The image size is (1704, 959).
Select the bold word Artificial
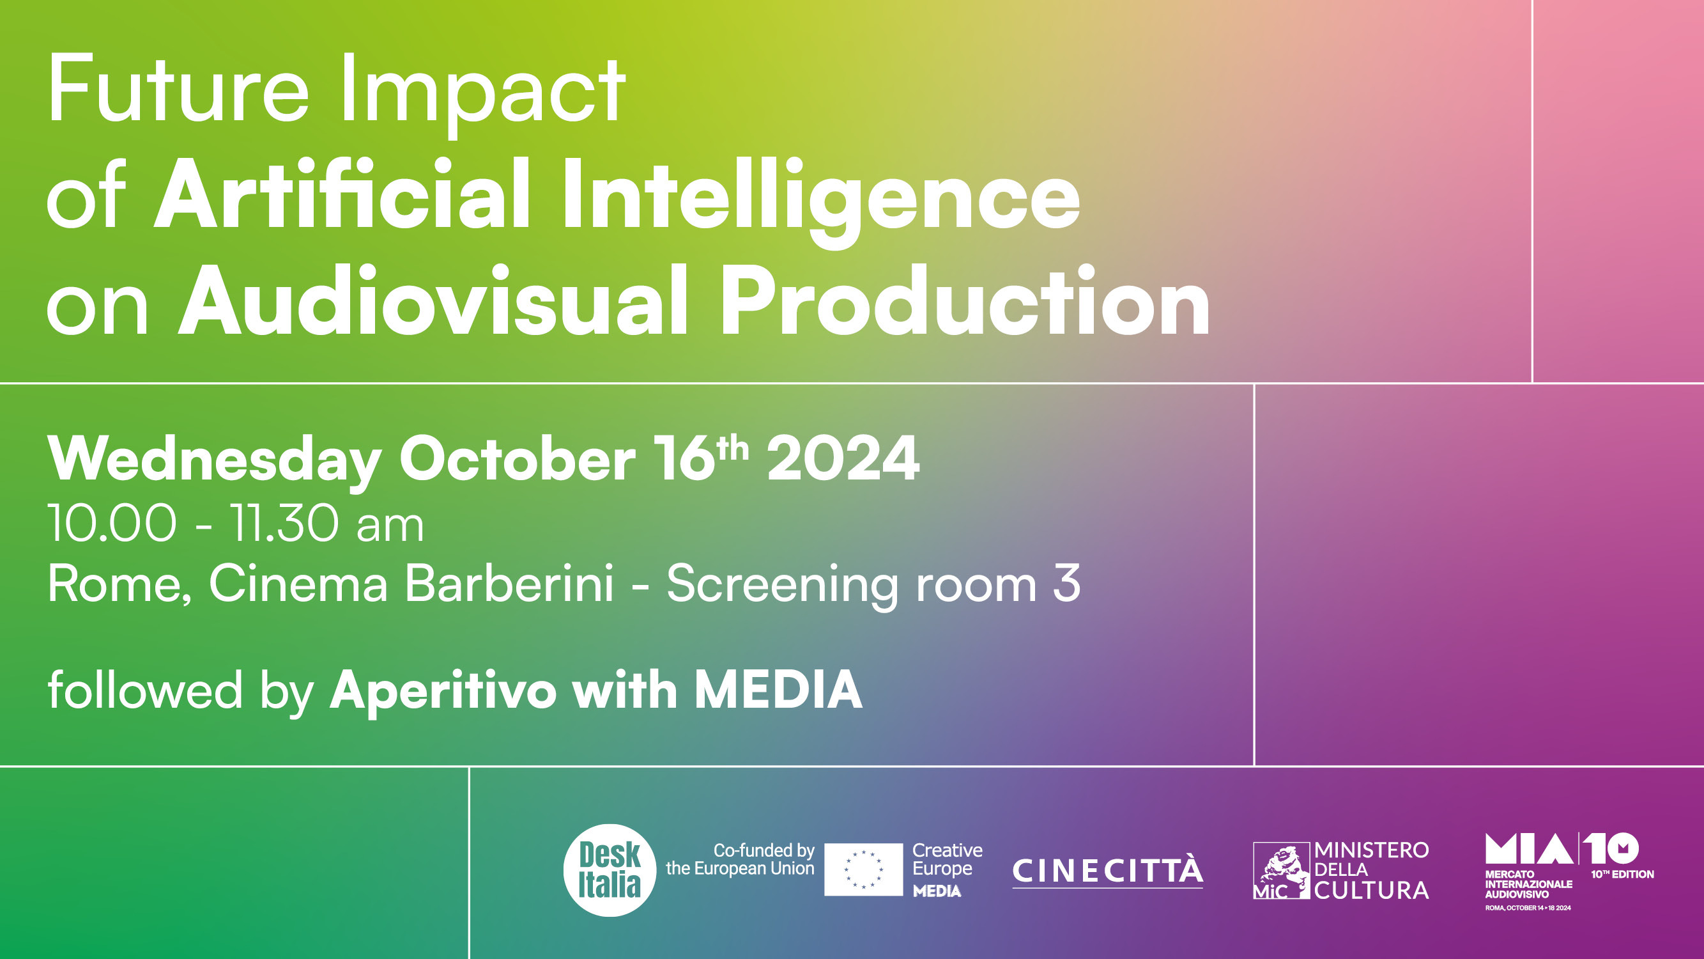(342, 193)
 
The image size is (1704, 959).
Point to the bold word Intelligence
(821, 202)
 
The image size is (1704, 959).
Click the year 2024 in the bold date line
(843, 458)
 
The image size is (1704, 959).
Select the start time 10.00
(112, 524)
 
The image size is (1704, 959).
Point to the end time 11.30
(284, 524)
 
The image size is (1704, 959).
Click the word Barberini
(509, 583)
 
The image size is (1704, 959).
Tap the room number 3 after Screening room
(1066, 583)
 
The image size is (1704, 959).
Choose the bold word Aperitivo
(443, 690)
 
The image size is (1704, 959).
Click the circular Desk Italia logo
(610, 869)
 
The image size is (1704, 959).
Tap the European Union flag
(863, 869)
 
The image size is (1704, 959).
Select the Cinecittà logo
(1107, 871)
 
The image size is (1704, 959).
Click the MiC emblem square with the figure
(1281, 870)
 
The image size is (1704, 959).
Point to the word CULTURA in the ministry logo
(1371, 890)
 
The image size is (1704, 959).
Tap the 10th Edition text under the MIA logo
(1622, 874)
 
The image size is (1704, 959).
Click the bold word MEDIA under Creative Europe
(937, 891)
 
